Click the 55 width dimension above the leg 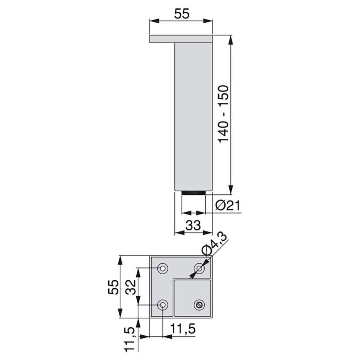(182, 14)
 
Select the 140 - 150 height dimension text (225, 114)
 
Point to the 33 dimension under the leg (193, 225)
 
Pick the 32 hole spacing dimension (131, 286)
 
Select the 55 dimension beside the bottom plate (114, 286)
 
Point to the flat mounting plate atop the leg (181, 39)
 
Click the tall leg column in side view (193, 116)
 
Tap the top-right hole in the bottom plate (200, 268)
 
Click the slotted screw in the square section (200, 304)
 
